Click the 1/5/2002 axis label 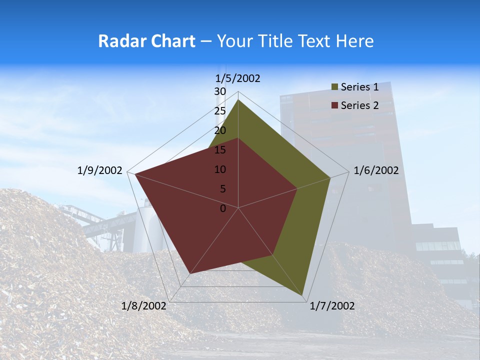[x=238, y=78]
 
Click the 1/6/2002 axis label [x=376, y=170]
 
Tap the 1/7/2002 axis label [x=332, y=306]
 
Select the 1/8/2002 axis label [x=144, y=306]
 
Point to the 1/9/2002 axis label [x=100, y=170]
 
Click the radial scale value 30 [x=220, y=91]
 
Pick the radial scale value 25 [x=220, y=111]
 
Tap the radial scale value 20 [x=220, y=130]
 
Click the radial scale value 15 [x=220, y=150]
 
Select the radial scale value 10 [x=220, y=169]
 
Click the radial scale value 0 [x=223, y=208]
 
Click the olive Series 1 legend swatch [x=334, y=87]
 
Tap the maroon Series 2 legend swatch [x=334, y=105]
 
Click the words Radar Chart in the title [x=146, y=41]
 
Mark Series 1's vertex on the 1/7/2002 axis [x=303, y=296]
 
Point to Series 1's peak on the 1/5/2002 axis [x=238, y=99]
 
